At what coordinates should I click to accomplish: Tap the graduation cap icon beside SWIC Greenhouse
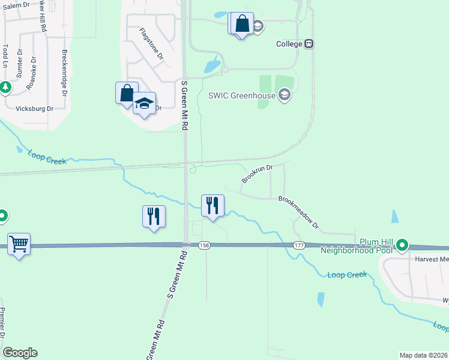coord(285,94)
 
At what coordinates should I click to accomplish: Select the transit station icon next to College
coord(309,44)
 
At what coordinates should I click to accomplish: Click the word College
coord(289,44)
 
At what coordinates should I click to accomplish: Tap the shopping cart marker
coord(19,244)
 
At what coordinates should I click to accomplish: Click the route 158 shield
coord(204,245)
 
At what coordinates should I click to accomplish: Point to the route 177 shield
coord(299,245)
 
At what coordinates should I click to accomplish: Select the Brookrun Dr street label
coord(257,175)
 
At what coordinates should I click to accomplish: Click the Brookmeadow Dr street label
coord(298,214)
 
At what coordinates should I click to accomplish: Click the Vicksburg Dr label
coord(34,109)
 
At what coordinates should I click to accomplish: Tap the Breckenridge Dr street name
coord(64,70)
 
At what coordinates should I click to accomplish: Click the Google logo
coord(20,353)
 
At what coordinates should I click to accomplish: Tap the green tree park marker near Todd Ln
coord(5,88)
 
